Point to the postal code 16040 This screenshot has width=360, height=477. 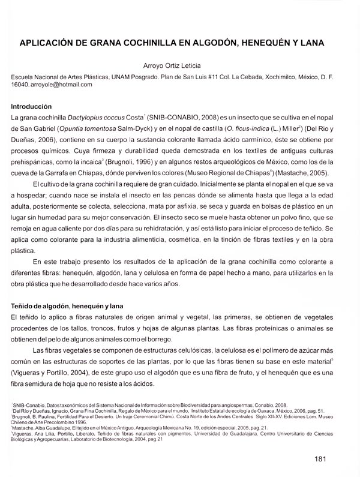pyautogui.click(x=21, y=85)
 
